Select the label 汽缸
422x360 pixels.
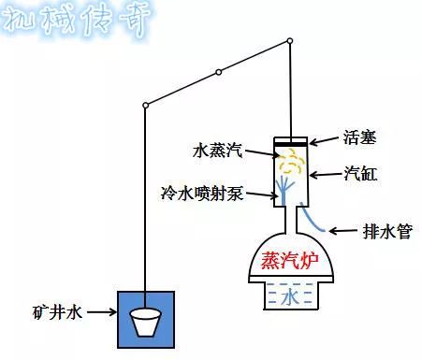(x=360, y=174)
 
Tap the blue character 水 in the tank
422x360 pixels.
(x=291, y=298)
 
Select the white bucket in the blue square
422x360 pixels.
(x=145, y=324)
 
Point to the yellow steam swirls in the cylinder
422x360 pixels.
(x=293, y=164)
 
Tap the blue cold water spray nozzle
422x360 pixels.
(x=284, y=193)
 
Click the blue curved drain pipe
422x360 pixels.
(x=313, y=218)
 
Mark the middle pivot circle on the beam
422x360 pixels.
(x=218, y=72)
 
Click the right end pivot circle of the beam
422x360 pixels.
(x=290, y=40)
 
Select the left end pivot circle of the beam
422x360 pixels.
(x=145, y=105)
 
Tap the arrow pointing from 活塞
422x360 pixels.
(x=323, y=141)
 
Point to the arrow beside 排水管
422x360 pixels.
(x=345, y=230)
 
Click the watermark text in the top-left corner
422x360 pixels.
(x=75, y=21)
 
